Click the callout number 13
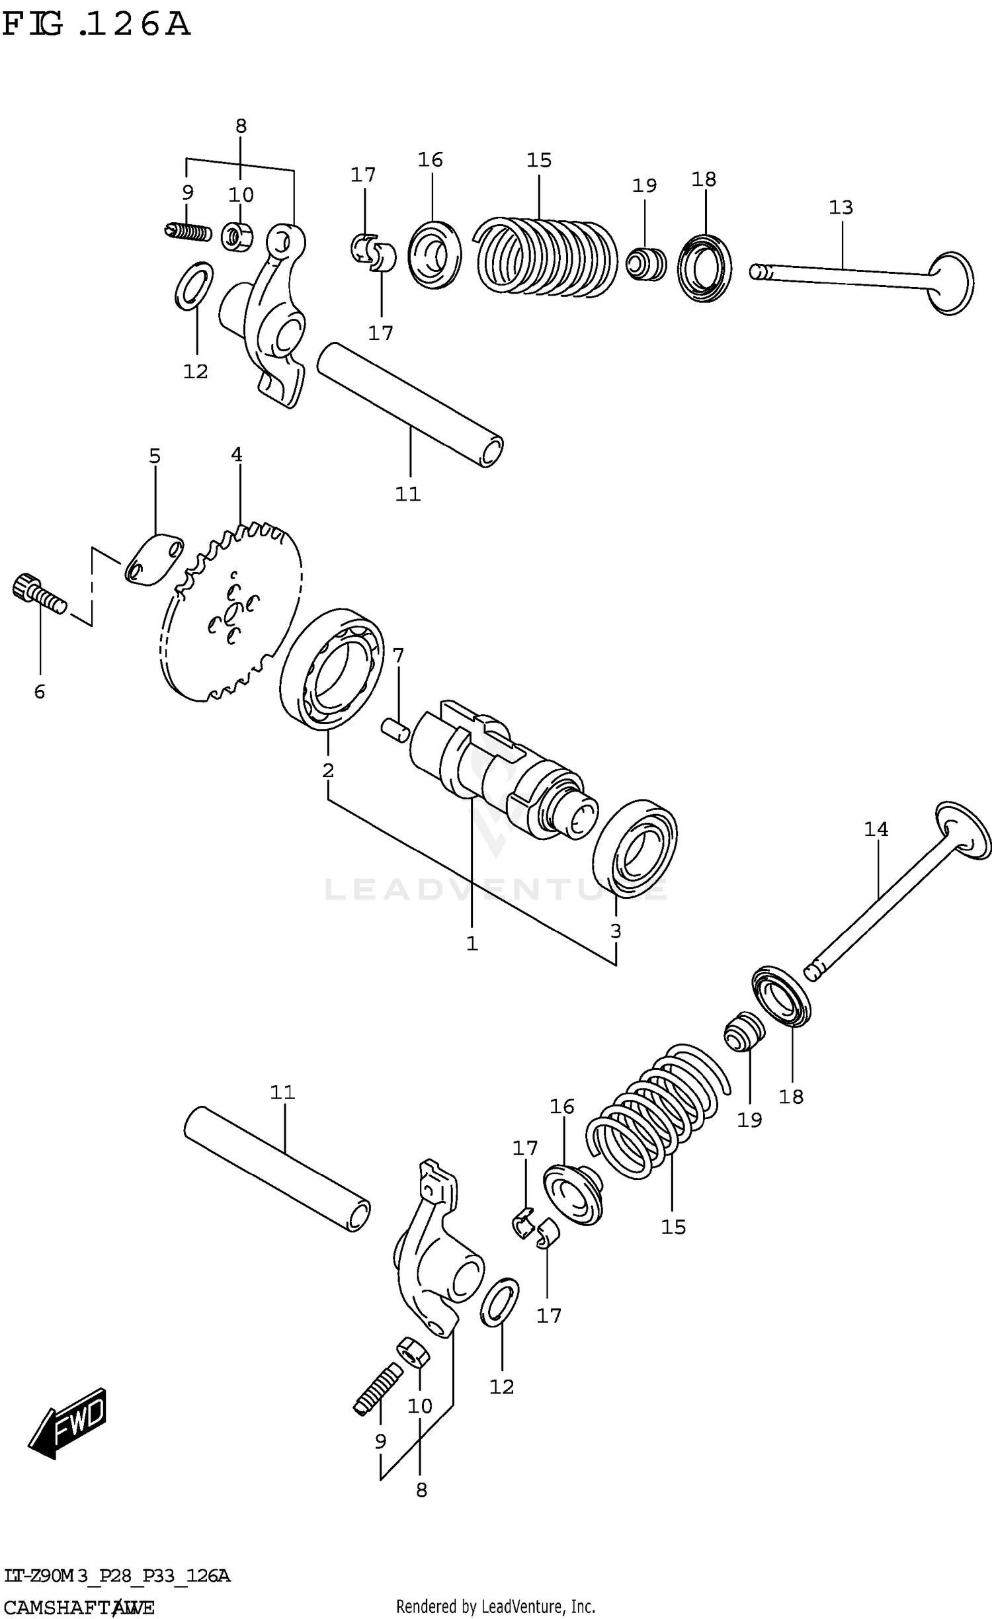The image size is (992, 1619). coord(841,208)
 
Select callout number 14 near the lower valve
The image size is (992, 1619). coord(876,829)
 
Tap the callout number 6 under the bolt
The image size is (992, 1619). coord(40,692)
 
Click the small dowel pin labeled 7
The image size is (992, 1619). coord(395,731)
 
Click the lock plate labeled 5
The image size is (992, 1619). coord(154,560)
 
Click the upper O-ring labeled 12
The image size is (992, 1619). coord(194,286)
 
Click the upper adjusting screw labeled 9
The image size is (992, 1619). coord(188,232)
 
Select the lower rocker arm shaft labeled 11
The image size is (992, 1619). coord(276,1169)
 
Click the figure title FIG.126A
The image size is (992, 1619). coord(96,25)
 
